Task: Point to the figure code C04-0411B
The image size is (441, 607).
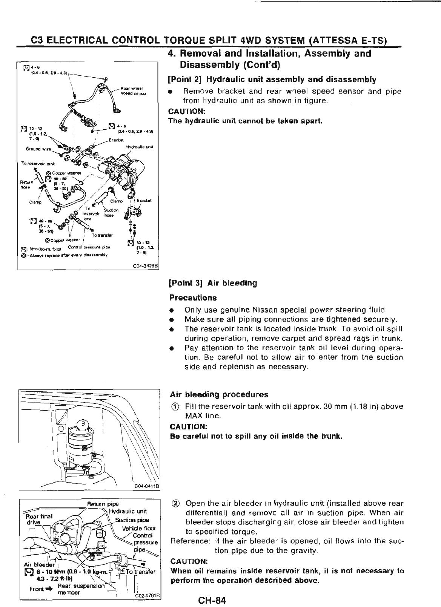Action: click(x=148, y=486)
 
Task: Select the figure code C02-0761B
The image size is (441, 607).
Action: click(x=148, y=596)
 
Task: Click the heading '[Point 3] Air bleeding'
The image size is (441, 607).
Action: click(x=213, y=283)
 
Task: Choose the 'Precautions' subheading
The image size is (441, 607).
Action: click(x=193, y=298)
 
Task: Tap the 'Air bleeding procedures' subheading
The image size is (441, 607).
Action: click(x=219, y=395)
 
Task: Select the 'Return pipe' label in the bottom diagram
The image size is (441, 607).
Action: click(x=98, y=503)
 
